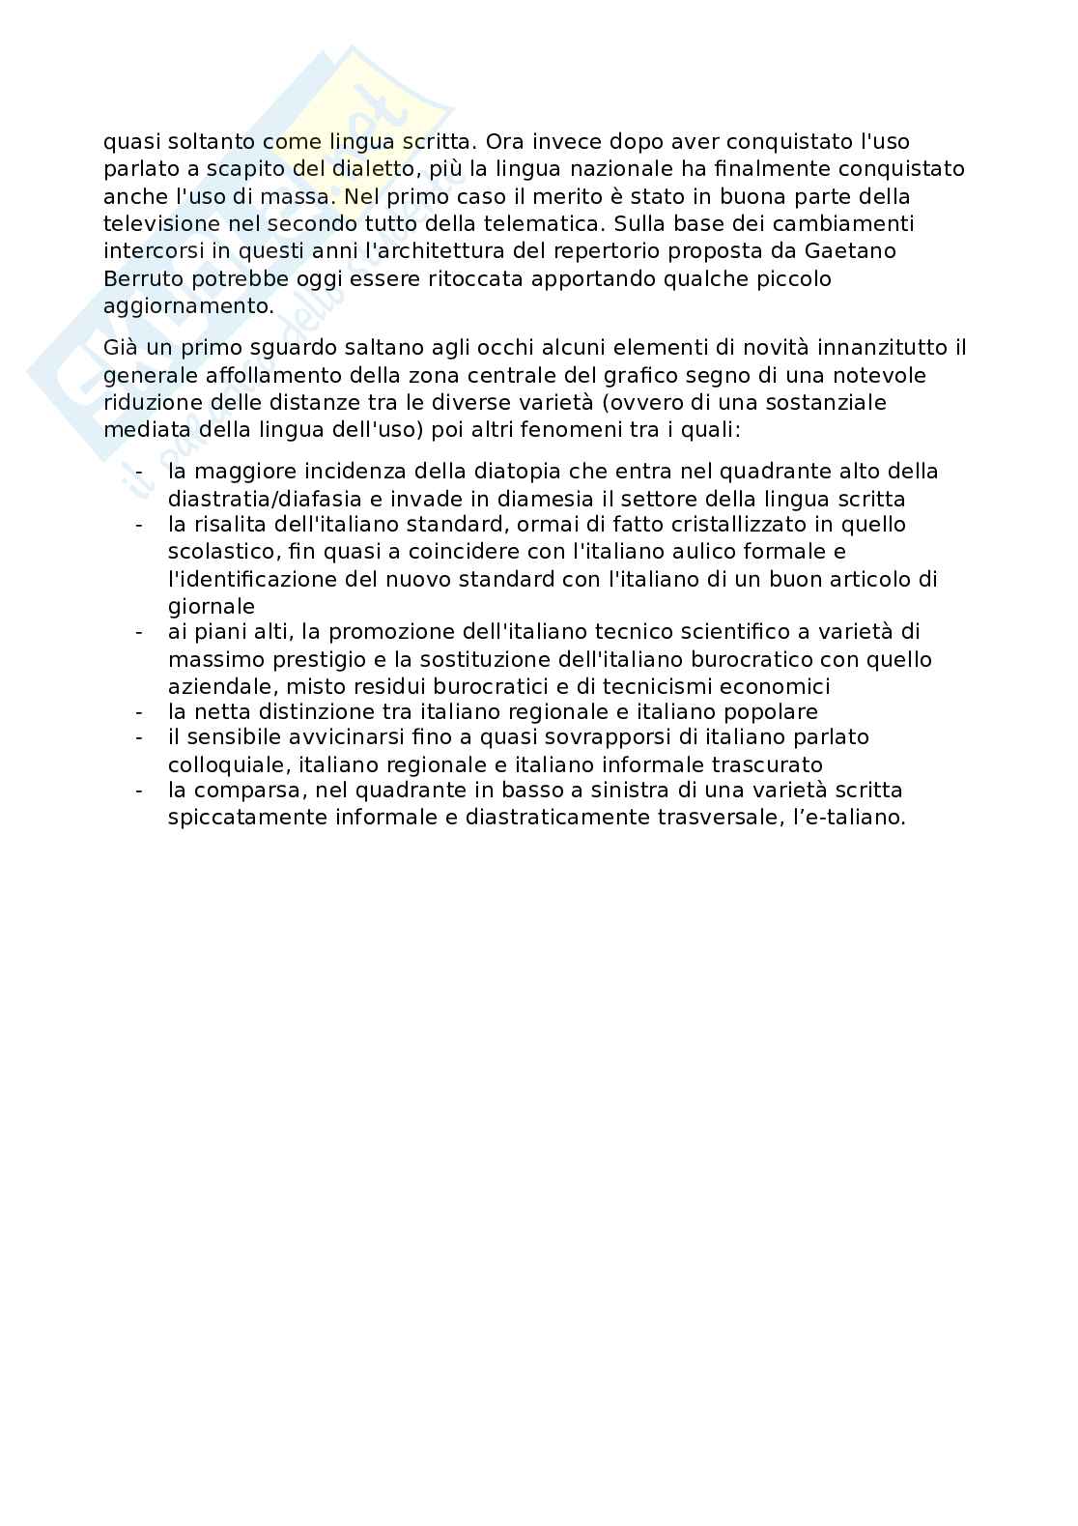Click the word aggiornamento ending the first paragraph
[187, 306]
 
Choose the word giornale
[211, 606]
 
